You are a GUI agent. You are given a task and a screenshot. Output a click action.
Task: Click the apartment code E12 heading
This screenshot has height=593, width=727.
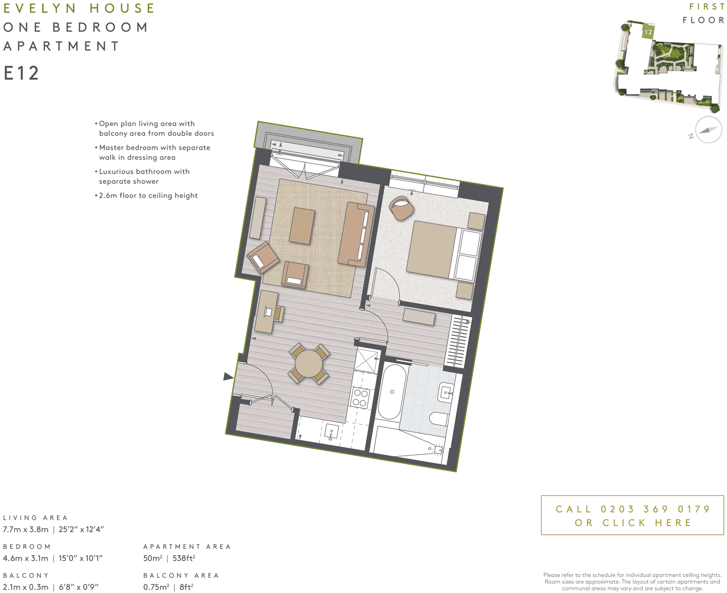[21, 73]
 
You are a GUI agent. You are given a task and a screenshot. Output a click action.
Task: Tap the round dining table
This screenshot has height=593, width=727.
[309, 364]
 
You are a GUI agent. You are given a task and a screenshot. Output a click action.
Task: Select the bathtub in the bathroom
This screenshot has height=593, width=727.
[392, 392]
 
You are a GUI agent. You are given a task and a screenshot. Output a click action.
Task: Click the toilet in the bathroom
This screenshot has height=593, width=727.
[440, 419]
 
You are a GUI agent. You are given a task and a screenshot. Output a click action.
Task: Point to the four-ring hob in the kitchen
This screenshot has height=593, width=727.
[360, 398]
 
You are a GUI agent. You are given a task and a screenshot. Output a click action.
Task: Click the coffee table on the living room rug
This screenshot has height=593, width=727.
[301, 226]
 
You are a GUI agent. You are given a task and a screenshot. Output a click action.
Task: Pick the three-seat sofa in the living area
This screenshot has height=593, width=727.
[357, 235]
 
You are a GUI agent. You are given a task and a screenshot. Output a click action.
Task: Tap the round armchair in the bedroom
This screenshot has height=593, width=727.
[402, 208]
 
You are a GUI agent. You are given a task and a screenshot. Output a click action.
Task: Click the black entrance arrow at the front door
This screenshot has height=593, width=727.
[228, 376]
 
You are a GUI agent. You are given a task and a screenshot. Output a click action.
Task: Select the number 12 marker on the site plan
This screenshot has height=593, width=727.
[648, 32]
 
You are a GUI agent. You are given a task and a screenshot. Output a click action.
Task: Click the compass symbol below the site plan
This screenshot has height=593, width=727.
[708, 130]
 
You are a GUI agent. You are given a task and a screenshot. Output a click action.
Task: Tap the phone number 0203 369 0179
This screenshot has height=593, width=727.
[655, 509]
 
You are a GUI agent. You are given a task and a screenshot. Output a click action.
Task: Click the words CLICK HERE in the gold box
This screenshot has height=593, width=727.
[647, 523]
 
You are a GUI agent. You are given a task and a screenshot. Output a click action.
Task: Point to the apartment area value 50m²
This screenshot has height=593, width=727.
[153, 558]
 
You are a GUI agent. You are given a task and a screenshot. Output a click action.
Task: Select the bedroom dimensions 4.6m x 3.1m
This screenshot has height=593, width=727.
[26, 558]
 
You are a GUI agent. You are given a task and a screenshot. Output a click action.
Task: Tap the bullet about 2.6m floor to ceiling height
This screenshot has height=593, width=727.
[148, 195]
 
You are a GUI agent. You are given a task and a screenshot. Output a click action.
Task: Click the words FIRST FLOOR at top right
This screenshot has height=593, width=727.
[704, 14]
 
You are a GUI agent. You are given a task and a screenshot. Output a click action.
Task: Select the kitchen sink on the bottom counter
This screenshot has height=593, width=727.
[332, 431]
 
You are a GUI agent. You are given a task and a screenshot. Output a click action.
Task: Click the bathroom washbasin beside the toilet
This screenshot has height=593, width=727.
[446, 392]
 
